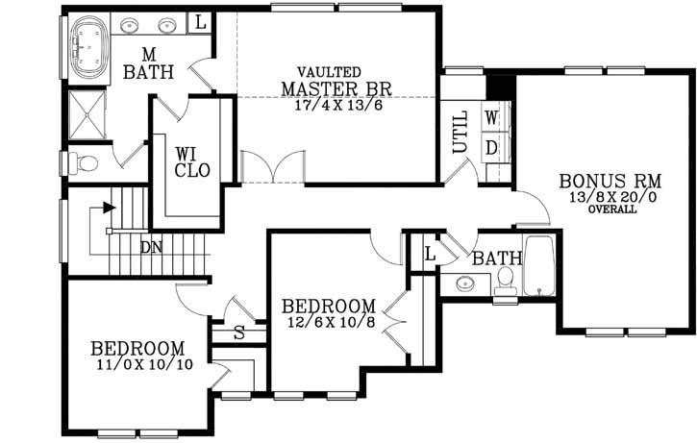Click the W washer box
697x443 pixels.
(x=491, y=118)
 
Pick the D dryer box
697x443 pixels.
(x=491, y=148)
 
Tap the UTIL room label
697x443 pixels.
(x=460, y=134)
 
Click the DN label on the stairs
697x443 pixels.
(x=151, y=248)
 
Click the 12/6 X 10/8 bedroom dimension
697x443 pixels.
(x=329, y=322)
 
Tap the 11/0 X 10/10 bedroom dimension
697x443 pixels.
(x=138, y=364)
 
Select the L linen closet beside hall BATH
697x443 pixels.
(x=430, y=255)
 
